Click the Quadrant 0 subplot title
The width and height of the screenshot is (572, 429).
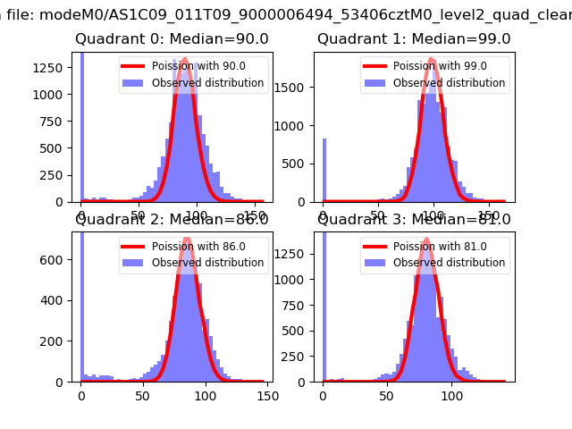tap(172, 39)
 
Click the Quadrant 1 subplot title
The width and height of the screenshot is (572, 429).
tap(414, 39)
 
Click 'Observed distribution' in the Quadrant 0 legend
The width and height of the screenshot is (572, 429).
tap(207, 83)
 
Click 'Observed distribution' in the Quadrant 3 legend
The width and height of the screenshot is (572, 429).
tap(449, 263)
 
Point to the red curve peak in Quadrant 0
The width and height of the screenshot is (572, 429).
tap(184, 60)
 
